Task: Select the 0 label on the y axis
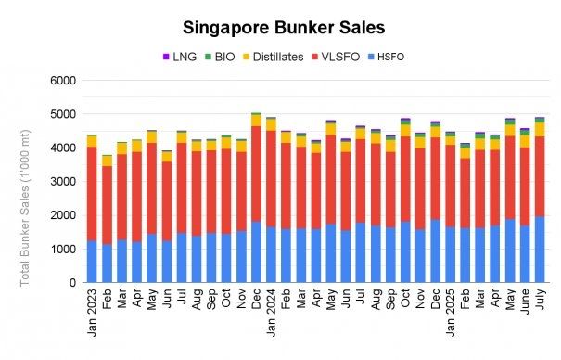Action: coord(71,282)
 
